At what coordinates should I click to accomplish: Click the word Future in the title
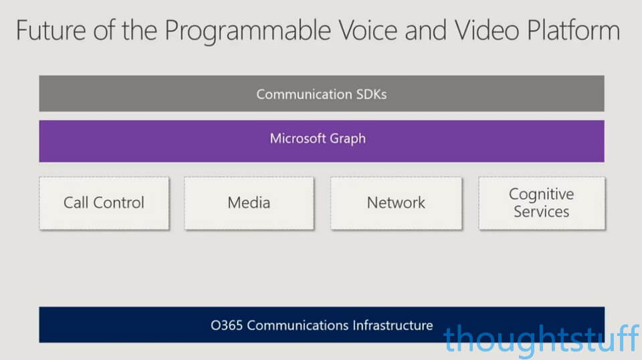click(x=51, y=30)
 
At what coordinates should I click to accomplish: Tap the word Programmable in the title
click(x=247, y=31)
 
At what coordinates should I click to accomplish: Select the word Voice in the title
click(x=368, y=30)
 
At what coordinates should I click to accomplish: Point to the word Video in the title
click(x=487, y=30)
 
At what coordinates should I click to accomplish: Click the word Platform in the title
click(x=573, y=30)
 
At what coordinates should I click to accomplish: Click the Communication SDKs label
click(x=322, y=94)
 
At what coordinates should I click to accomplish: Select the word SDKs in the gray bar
click(x=371, y=94)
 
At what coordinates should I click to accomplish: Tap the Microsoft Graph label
click(x=318, y=139)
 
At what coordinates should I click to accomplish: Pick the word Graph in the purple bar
click(x=348, y=139)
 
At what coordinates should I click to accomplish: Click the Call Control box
click(x=104, y=203)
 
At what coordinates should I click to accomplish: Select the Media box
click(x=249, y=203)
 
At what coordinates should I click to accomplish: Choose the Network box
click(x=397, y=203)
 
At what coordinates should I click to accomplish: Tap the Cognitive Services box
click(x=542, y=203)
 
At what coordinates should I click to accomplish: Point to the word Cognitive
click(x=541, y=195)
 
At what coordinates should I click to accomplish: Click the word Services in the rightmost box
click(x=541, y=211)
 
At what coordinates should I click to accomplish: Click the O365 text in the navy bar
click(x=227, y=325)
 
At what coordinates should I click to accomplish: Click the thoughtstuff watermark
click(x=541, y=339)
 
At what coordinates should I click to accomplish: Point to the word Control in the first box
click(x=119, y=202)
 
